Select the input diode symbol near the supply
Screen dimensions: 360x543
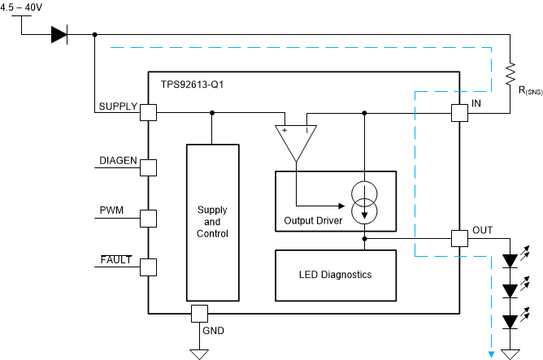(59, 34)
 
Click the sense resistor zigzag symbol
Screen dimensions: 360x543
(510, 74)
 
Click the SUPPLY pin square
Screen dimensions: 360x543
(149, 113)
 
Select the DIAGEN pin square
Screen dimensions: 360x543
(149, 167)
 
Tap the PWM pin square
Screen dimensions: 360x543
(149, 218)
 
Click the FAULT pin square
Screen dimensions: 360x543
(149, 267)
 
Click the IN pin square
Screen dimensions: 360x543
(459, 113)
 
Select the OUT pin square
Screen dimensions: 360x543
(459, 239)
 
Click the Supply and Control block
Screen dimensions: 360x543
(212, 222)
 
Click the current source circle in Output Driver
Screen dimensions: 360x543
(365, 203)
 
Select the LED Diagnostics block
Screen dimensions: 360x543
(335, 275)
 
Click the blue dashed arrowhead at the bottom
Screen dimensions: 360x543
(491, 353)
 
